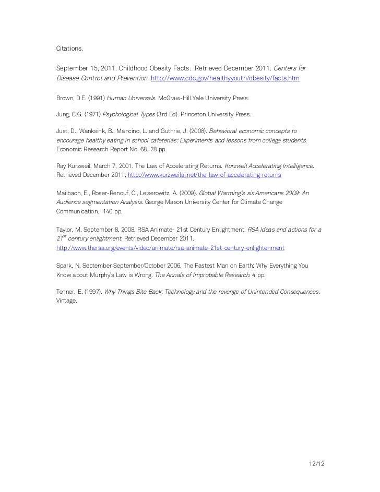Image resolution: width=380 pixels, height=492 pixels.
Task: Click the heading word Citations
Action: coord(69,49)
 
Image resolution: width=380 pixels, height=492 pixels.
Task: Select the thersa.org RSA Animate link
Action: coord(170,247)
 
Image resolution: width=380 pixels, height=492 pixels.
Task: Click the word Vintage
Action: coord(66,301)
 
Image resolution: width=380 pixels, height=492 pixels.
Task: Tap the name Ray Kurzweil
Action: coord(73,165)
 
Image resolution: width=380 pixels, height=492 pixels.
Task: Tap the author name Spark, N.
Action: coord(69,266)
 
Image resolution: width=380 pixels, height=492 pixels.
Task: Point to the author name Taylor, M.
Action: coord(70,229)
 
